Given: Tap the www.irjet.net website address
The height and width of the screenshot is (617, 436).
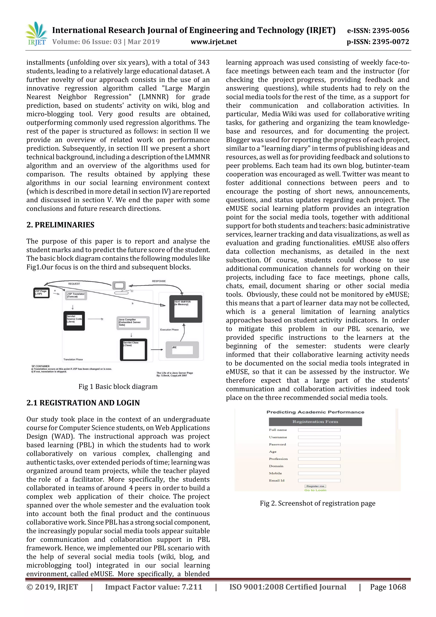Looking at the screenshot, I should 214,42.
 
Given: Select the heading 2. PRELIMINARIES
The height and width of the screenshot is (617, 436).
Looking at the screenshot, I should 60,225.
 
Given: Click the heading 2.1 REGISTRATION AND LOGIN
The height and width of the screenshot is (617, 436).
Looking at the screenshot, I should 83,403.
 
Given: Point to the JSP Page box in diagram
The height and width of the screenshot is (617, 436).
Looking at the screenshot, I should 41,293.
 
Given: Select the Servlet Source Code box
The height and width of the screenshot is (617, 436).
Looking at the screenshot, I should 74,321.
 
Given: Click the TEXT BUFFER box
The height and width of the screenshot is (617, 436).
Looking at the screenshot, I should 186,308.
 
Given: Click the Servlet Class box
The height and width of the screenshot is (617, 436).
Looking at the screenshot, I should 133,349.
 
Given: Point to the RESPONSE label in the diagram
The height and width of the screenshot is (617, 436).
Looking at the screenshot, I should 159,281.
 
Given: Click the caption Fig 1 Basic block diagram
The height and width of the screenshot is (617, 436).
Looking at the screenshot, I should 118,386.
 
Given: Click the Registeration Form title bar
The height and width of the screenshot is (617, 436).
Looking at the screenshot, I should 315,422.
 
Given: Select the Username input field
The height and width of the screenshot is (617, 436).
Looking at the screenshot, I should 319,437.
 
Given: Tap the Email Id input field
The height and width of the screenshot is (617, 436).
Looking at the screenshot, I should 319,480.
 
